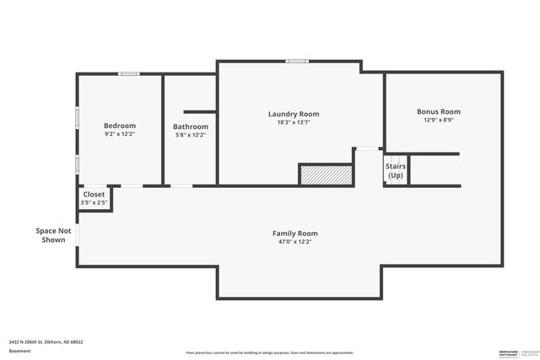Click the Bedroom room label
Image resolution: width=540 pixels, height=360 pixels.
(120, 126)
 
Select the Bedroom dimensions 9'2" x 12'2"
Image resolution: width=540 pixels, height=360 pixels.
(120, 134)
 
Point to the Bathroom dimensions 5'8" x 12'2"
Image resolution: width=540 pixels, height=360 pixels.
(190, 135)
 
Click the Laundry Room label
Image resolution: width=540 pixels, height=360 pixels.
(294, 114)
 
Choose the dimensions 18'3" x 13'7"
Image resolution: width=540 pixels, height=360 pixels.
(294, 122)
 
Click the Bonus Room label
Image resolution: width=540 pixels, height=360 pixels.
(439, 111)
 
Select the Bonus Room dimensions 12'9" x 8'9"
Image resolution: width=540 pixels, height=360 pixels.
(439, 120)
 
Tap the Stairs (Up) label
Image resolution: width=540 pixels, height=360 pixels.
(396, 170)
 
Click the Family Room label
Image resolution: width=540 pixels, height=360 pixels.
(294, 233)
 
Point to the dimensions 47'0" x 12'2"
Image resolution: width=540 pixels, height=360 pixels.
(294, 241)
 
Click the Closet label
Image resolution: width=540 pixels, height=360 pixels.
(94, 195)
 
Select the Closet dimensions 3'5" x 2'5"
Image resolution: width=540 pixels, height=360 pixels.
(94, 203)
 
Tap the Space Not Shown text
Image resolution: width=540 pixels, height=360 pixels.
(53, 235)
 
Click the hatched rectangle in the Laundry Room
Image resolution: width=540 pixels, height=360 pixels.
(326, 175)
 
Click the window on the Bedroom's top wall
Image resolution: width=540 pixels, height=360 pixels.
(128, 74)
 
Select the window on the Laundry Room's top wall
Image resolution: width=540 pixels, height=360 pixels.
(296, 61)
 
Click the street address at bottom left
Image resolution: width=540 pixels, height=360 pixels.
(46, 342)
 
